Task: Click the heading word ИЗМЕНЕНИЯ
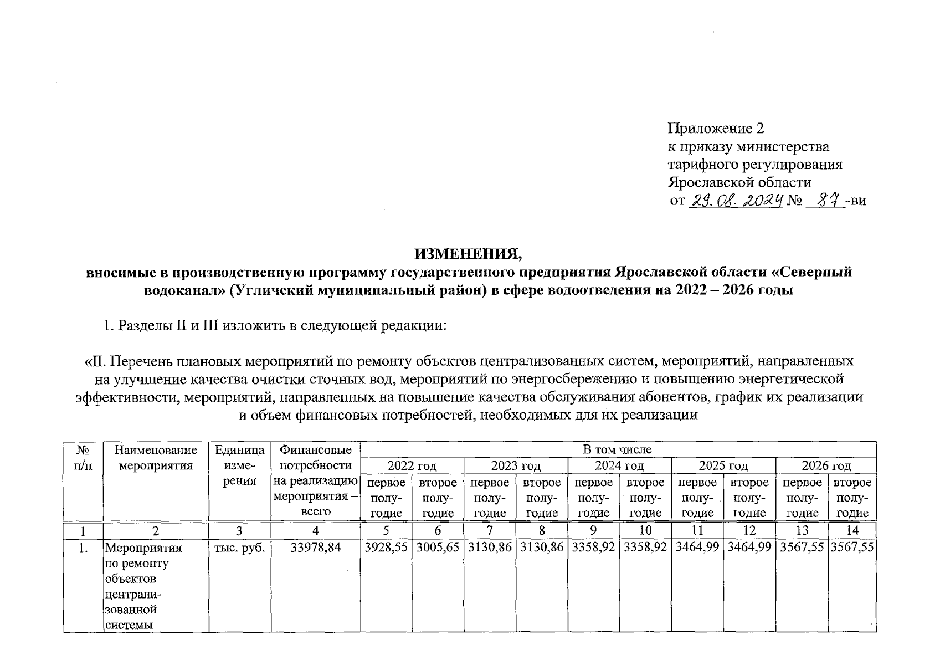pos(469,254)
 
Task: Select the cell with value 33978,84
pos(315,548)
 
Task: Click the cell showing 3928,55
pos(386,548)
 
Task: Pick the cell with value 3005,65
pos(438,548)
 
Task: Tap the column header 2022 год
pos(412,465)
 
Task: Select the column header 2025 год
pos(723,465)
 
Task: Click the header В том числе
pos(618,449)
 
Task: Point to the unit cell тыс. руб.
pos(239,548)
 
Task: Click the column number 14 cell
pos(852,530)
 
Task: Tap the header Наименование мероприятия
pos(156,458)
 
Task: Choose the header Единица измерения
pos(239,465)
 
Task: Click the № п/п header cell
pos(83,458)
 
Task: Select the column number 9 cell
pos(593,530)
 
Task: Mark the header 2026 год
pos(826,465)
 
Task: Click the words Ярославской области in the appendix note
pos(739,182)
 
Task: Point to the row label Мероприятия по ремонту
pos(143,555)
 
